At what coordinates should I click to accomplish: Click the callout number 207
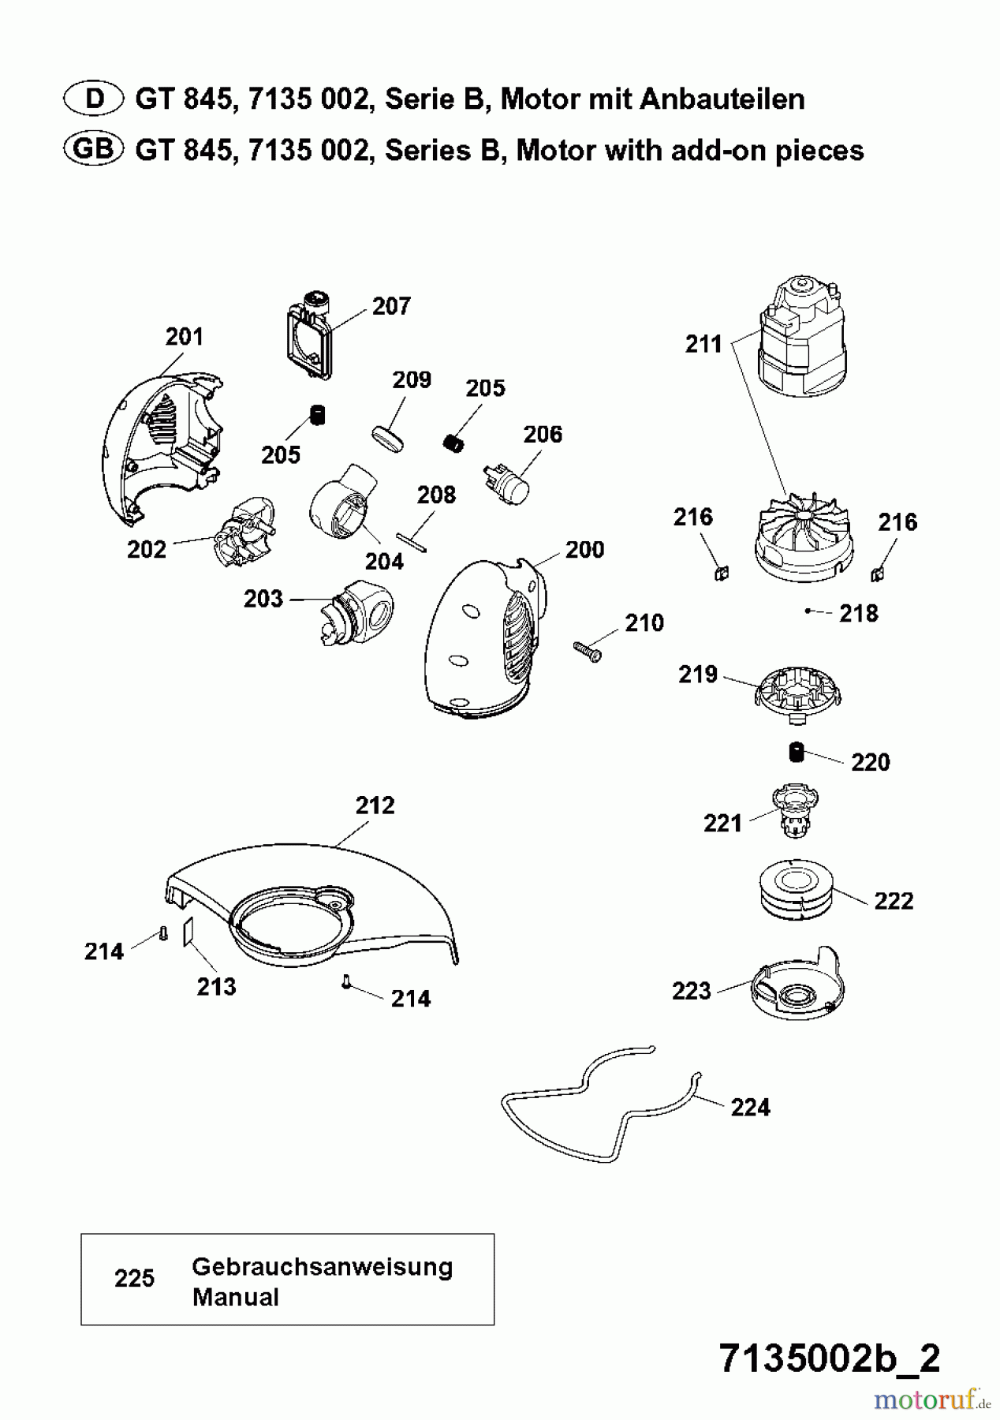click(x=391, y=306)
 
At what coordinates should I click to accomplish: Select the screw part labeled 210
click(x=587, y=651)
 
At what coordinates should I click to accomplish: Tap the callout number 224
click(x=750, y=1108)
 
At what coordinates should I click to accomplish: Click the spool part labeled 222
click(x=794, y=889)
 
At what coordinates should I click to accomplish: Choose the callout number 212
click(x=375, y=805)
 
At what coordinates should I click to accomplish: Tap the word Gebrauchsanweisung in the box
click(x=322, y=1268)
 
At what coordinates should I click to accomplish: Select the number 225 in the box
click(x=134, y=1279)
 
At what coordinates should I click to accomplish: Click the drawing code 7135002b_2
click(x=830, y=1358)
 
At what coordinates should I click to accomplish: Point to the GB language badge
click(x=93, y=149)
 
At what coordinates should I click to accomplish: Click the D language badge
click(x=93, y=99)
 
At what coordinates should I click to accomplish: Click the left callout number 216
click(x=692, y=518)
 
